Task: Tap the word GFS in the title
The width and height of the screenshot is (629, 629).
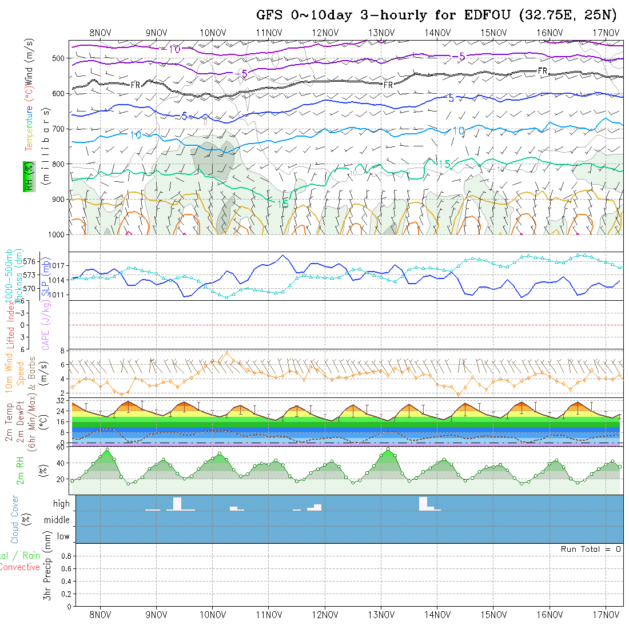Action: point(270,15)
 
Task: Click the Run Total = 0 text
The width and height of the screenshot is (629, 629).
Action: point(591,549)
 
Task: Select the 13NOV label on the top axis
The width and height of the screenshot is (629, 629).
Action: point(380,33)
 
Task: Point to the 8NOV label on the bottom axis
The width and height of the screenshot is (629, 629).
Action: point(100,615)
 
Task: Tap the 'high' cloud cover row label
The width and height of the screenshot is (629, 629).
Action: point(61,504)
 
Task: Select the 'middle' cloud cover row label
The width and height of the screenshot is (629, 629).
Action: point(57,520)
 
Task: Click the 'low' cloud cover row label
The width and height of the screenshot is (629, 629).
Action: point(63,536)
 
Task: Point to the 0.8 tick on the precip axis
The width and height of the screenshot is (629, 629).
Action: point(65,556)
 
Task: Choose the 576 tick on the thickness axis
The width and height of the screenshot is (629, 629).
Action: point(30,261)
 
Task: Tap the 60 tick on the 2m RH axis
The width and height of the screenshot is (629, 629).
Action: point(59,447)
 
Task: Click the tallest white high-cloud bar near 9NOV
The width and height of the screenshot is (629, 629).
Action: point(177,503)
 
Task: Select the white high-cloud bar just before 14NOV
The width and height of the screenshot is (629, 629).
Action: point(423,503)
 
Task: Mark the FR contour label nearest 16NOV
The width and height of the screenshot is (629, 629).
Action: point(543,71)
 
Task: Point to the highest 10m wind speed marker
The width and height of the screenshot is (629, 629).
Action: point(227,352)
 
